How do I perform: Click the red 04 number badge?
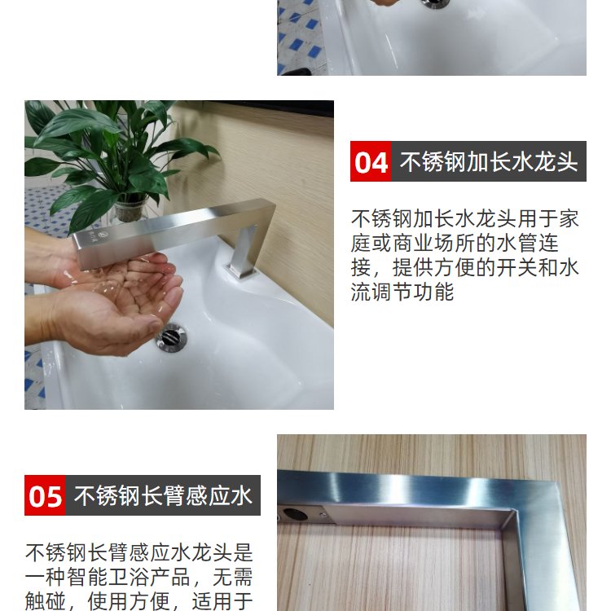point(371,161)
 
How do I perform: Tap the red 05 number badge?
point(45,495)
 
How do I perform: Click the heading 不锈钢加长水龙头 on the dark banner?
point(489,162)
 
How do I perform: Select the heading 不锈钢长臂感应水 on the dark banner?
point(163,495)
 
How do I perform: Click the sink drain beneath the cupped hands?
point(171,337)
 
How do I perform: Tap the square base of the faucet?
point(243,271)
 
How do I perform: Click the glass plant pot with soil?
point(131,209)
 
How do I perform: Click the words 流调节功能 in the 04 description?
point(402,292)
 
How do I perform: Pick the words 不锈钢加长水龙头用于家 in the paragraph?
point(465,218)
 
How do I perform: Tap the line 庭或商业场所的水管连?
point(455,243)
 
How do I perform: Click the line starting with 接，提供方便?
point(465,268)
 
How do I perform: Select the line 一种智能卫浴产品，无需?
point(139,577)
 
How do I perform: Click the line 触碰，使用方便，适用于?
point(139,601)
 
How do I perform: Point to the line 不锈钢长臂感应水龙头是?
point(139,552)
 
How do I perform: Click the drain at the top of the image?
point(435,3)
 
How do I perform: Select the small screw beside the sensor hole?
point(323,515)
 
